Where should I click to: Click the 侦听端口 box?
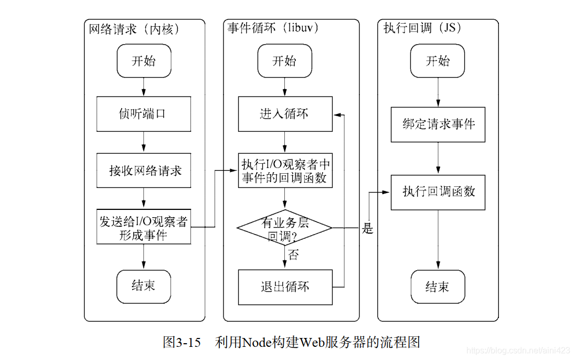(x=143, y=113)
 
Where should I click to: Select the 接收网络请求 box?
(x=143, y=171)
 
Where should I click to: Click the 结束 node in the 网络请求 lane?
(x=143, y=286)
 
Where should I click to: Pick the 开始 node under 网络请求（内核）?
(x=143, y=61)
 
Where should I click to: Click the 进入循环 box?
(x=285, y=114)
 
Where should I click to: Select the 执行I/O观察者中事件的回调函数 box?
(x=285, y=171)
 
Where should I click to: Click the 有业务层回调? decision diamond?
(x=285, y=228)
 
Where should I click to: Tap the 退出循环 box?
(x=285, y=287)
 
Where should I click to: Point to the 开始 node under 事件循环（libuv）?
(x=284, y=61)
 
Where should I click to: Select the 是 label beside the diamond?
(x=368, y=229)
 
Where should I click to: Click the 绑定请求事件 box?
(x=439, y=124)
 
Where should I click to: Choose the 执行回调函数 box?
(x=439, y=192)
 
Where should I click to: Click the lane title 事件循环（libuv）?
(x=273, y=28)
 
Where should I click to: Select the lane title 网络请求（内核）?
(x=135, y=28)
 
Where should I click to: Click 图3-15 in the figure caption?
(x=182, y=343)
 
